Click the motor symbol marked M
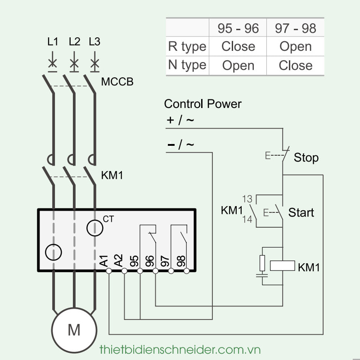tap(74, 330)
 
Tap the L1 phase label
tap(53, 42)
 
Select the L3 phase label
tap(94, 42)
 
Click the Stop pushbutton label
tap(306, 157)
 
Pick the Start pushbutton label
tap(301, 212)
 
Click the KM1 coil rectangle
tap(282, 265)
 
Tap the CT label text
tap(108, 219)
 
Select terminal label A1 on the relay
tap(104, 261)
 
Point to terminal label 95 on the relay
tap(134, 261)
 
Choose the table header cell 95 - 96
tap(238, 28)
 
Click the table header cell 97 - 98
tap(295, 28)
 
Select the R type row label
tap(187, 46)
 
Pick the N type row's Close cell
tap(295, 65)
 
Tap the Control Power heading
tap(202, 104)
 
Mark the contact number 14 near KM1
tap(247, 220)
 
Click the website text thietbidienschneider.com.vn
tap(180, 349)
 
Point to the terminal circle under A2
tap(124, 271)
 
